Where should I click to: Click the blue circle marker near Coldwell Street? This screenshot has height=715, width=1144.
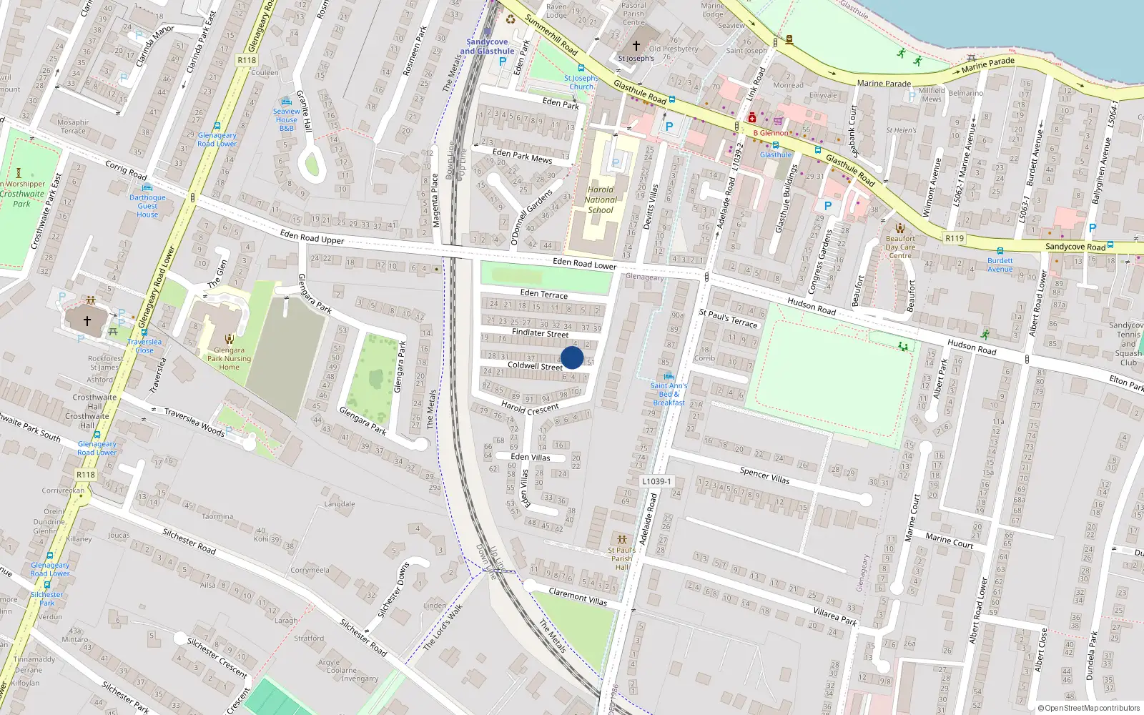coord(572,357)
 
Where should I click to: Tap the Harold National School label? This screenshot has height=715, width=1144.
coord(601,200)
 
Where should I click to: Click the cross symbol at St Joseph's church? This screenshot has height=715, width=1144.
coord(636,46)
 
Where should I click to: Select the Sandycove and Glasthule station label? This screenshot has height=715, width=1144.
coord(487,46)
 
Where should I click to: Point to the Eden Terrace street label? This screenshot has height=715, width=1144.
coord(544,294)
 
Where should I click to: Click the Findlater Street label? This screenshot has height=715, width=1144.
coord(541,333)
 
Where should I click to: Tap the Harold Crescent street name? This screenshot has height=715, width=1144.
coord(530,408)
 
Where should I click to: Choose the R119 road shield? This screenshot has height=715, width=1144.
coord(955,238)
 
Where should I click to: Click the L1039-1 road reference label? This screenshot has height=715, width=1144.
coord(656,481)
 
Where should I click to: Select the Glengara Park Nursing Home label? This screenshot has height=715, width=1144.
coord(229,358)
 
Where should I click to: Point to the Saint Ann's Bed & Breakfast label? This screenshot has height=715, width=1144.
coord(669,394)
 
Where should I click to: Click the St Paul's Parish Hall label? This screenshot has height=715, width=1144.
coord(622,558)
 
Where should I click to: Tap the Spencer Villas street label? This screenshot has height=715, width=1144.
coord(765,475)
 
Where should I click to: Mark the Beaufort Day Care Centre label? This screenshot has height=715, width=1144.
coord(900,247)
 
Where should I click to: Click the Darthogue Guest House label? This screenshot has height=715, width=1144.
coord(147,206)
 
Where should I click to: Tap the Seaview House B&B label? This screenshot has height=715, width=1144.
coord(286,119)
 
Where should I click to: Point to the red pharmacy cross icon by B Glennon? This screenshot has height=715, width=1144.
coord(751,118)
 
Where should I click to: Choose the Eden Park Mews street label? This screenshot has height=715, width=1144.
coord(522,156)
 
